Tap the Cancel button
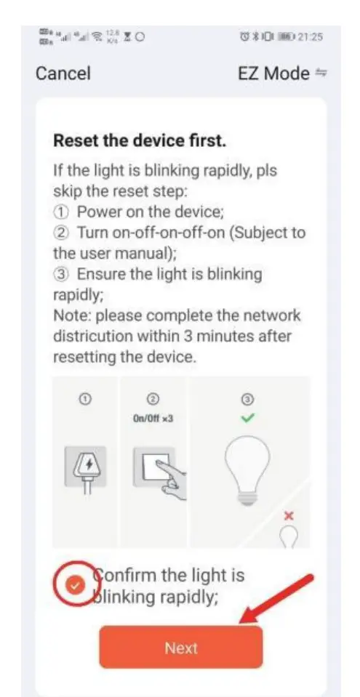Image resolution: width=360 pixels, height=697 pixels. click(x=63, y=73)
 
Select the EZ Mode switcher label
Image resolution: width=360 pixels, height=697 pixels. click(x=273, y=73)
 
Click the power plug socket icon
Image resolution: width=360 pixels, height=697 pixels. click(x=86, y=466)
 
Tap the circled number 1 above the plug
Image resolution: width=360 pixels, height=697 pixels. click(x=86, y=399)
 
